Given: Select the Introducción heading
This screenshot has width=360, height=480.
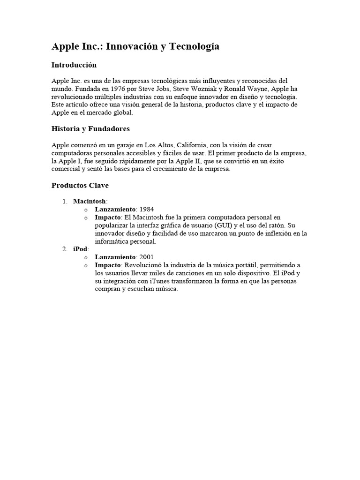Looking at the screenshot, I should click(x=74, y=65).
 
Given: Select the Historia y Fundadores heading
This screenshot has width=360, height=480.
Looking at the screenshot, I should click(x=90, y=128).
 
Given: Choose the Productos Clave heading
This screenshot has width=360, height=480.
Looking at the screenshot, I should click(x=80, y=185).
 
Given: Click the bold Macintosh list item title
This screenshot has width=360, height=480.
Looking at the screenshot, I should click(x=89, y=201).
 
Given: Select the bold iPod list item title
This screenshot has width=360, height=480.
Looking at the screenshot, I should click(x=80, y=249).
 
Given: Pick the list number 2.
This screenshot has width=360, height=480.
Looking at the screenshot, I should click(x=65, y=249).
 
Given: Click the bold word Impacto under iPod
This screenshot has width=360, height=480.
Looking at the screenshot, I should click(x=108, y=265).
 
